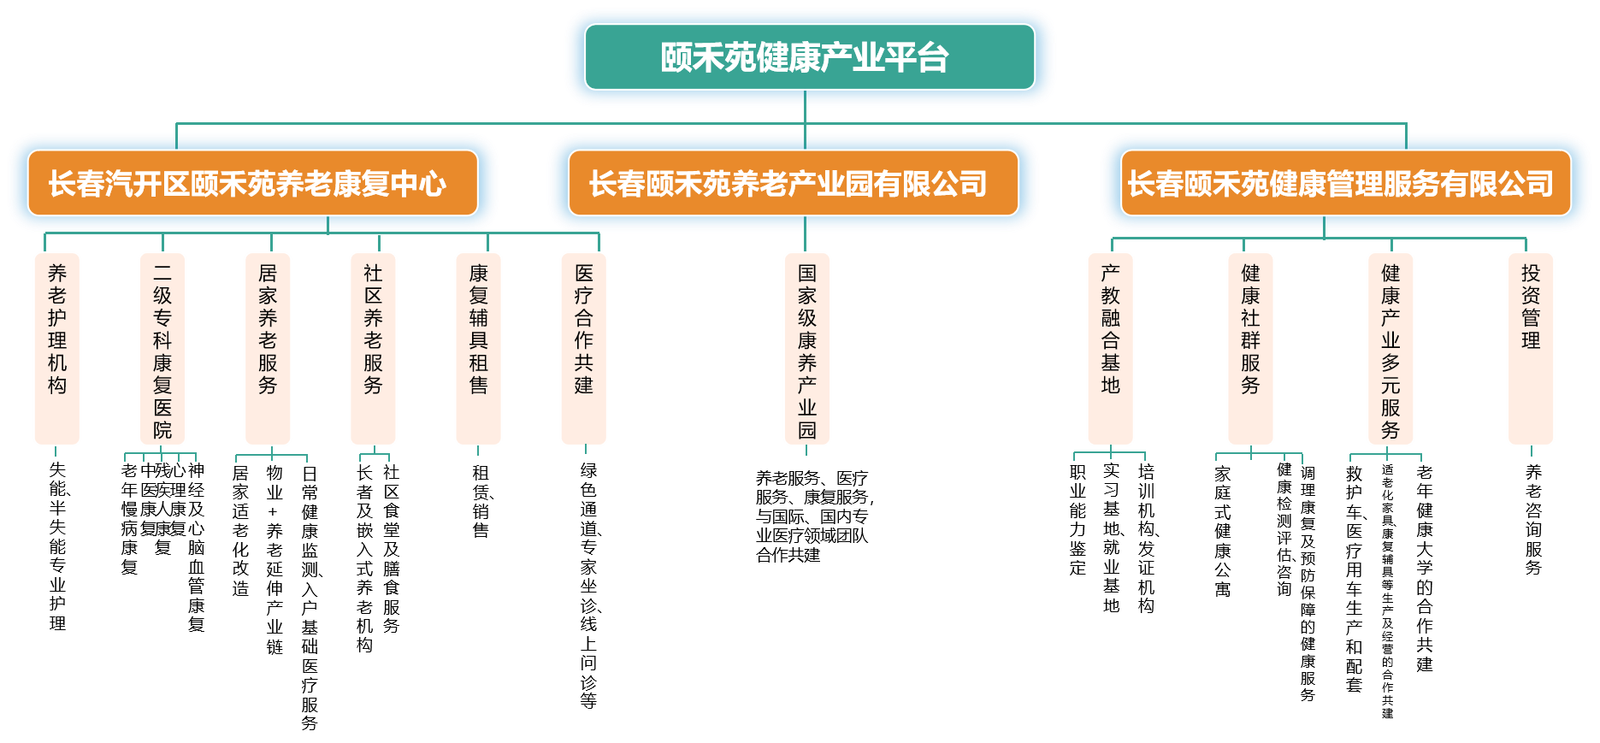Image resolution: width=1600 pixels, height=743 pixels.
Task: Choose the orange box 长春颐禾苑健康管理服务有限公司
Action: [1345, 183]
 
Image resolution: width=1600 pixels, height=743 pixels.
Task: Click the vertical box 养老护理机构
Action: [56, 348]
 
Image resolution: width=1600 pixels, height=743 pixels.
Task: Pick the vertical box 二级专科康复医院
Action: [162, 348]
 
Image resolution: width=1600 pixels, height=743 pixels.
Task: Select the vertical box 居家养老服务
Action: [268, 348]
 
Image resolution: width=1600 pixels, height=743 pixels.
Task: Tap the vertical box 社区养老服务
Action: [373, 348]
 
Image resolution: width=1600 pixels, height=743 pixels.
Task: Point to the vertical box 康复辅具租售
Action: [478, 348]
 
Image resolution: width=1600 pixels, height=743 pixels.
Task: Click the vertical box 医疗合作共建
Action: [583, 348]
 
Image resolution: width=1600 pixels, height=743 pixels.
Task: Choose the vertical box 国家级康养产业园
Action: [806, 348]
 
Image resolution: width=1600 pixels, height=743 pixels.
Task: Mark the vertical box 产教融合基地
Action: [1110, 348]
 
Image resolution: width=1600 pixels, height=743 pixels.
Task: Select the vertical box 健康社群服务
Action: [1250, 348]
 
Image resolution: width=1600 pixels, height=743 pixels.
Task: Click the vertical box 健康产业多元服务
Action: [1390, 348]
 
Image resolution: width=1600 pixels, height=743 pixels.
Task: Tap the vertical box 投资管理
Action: [1530, 348]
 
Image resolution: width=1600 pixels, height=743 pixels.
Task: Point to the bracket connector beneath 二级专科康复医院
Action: [161, 454]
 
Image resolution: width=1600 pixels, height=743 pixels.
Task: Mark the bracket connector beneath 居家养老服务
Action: [272, 456]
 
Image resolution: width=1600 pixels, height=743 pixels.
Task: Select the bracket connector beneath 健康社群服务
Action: [1259, 454]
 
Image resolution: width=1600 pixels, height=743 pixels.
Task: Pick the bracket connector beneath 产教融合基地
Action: [1110, 453]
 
